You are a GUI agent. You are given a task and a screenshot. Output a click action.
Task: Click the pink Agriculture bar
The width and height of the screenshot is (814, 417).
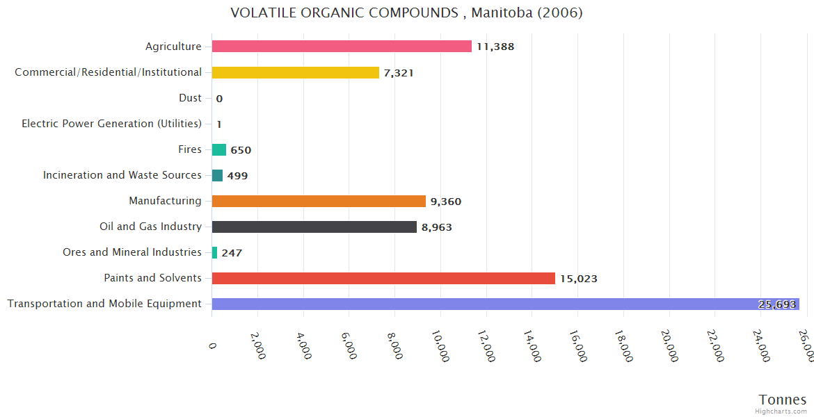coord(342,47)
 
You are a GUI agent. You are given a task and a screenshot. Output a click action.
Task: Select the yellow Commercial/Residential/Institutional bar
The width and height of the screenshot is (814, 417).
coord(296,72)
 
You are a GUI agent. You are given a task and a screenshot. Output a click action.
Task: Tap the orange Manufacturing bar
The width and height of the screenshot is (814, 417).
coord(319,201)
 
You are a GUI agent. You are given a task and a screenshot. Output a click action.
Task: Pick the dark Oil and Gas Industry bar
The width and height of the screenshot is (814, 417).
coord(314,227)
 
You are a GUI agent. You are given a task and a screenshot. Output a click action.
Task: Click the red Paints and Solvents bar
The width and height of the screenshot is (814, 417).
coord(383,278)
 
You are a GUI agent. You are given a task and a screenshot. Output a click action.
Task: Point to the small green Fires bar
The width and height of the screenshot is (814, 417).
coord(219,149)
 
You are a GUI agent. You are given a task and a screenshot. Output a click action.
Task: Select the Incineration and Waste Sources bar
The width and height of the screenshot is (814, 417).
coord(218,175)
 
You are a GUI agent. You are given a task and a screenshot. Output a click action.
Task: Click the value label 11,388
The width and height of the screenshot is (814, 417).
coord(495,47)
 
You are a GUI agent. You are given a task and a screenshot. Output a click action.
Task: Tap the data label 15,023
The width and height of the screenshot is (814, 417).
coord(578,279)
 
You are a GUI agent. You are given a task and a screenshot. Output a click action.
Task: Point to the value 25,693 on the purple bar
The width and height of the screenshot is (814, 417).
coord(777,304)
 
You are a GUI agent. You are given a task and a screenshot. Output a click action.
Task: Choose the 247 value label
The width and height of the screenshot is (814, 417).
coord(232,253)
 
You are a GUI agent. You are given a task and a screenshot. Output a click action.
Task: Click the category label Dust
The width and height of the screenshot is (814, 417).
coord(190,98)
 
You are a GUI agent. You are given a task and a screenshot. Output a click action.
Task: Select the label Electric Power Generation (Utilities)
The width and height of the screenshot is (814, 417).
coord(111,124)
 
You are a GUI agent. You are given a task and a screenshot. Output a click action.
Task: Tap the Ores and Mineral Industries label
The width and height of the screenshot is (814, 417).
coord(132,252)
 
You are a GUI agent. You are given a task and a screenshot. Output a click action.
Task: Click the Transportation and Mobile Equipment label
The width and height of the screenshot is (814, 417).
coord(104,304)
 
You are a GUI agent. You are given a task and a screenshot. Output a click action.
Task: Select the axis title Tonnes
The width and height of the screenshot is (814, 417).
coord(782,400)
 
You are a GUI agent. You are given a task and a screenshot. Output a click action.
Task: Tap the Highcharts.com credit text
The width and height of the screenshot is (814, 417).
coord(781,411)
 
